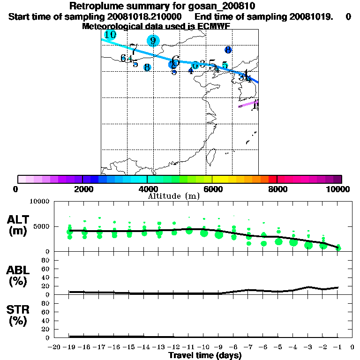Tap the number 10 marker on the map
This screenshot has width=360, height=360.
pos(110,35)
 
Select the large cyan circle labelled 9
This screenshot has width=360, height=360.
pos(153,40)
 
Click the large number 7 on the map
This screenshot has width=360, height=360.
pos(134,49)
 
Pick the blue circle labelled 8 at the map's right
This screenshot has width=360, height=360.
pos(228,50)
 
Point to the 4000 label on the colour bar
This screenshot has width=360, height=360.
pos(147,189)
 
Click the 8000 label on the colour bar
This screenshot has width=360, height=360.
pos(277,189)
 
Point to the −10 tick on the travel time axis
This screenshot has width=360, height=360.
pos(205,347)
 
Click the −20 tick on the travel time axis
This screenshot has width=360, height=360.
pos(55,347)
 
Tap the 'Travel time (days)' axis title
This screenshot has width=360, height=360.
pos(205,355)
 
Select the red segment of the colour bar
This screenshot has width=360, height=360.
pos(272,179)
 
